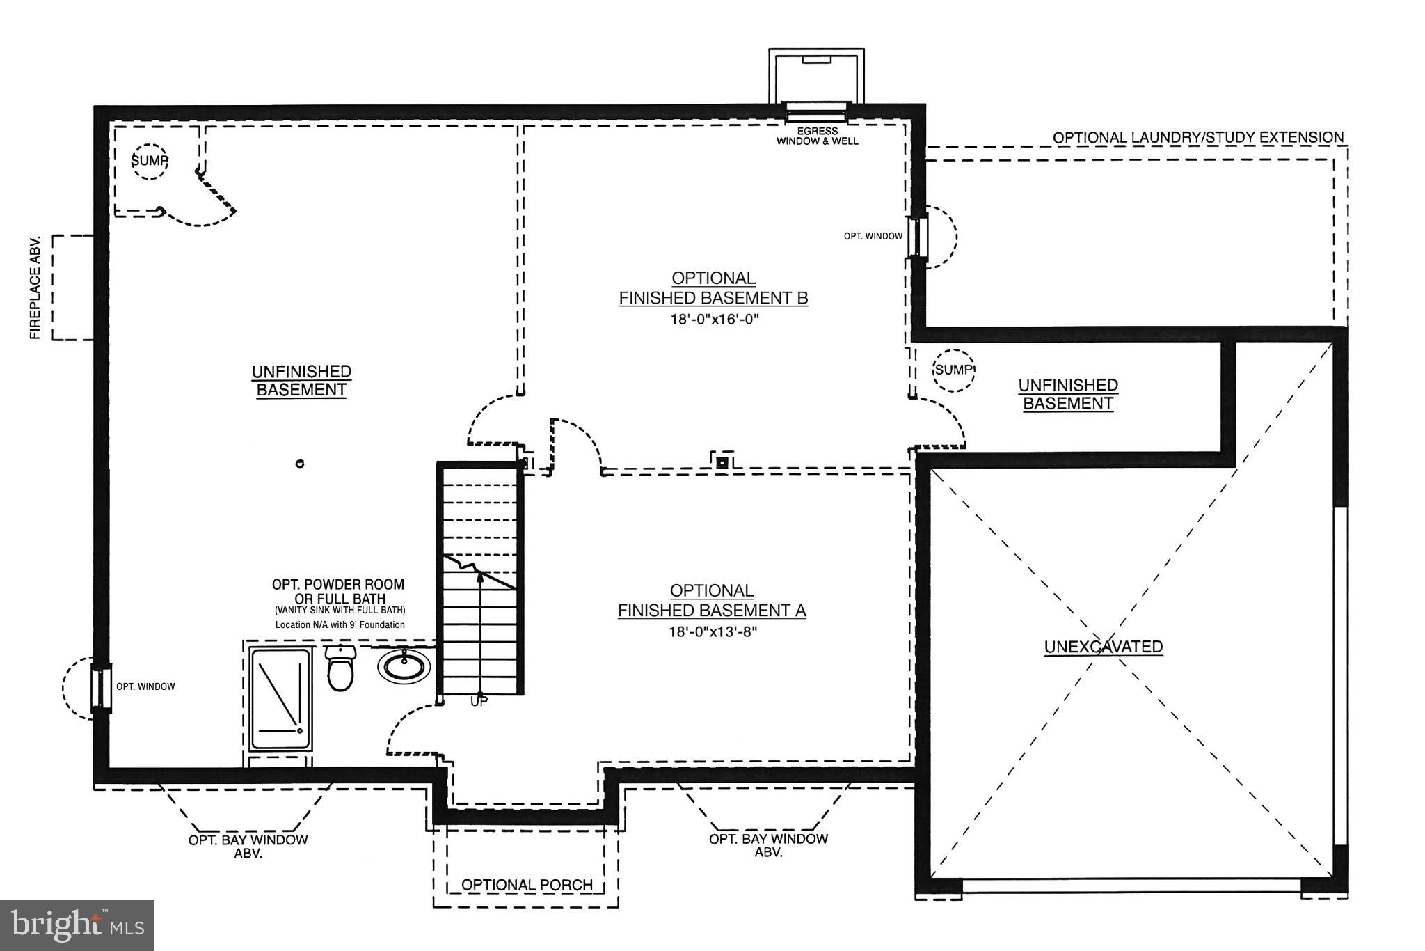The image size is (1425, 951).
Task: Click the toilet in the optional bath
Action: [x=340, y=669]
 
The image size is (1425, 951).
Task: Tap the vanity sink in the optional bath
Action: [x=404, y=666]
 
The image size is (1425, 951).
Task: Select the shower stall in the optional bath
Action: [x=280, y=699]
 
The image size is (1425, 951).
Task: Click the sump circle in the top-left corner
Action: [x=150, y=162]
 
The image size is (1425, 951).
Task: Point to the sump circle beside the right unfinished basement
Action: [x=953, y=370]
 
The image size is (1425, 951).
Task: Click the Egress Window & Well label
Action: [x=817, y=136]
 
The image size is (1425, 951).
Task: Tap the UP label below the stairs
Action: [x=479, y=702]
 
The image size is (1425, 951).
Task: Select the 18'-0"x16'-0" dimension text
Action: [x=713, y=320]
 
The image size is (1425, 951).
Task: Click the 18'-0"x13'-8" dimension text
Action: [x=712, y=632]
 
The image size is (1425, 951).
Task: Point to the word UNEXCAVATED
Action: [x=1104, y=647]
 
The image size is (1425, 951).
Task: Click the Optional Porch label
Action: [x=527, y=885]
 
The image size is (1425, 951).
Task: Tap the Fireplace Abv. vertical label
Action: [x=35, y=288]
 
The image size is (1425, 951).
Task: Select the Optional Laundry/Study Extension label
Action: [x=1197, y=138]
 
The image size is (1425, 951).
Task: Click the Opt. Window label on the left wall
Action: [x=145, y=686]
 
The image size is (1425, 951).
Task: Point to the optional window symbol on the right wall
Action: [x=918, y=237]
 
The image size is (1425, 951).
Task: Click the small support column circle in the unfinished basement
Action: [x=300, y=464]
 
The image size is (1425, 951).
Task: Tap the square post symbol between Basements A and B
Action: [x=722, y=462]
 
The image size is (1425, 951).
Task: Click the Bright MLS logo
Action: [x=77, y=925]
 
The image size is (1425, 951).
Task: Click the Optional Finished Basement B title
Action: [x=713, y=288]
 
